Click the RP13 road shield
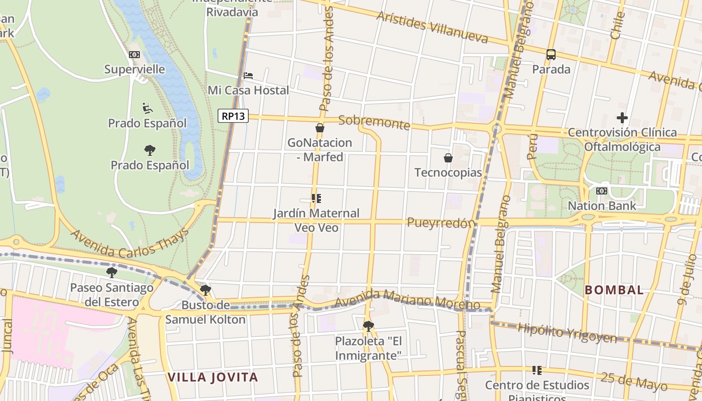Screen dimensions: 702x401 [234, 116]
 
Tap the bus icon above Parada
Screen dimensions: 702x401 [551, 55]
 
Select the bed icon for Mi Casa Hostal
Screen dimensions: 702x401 [248, 76]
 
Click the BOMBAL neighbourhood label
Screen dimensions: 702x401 [614, 290]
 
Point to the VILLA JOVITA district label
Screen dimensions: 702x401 [213, 377]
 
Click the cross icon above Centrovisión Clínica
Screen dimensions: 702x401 [622, 118]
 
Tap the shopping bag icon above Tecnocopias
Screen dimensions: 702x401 [448, 158]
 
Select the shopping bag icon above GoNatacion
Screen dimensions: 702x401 [319, 128]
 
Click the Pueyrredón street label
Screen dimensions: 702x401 [441, 223]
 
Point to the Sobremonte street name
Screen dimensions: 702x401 [374, 122]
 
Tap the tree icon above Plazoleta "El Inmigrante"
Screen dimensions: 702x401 [369, 326]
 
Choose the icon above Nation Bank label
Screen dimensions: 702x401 [601, 191]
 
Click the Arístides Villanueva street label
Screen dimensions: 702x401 [432, 28]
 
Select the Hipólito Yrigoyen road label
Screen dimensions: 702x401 [567, 333]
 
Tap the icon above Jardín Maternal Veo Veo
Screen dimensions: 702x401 [316, 198]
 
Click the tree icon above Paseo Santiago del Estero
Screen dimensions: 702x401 [112, 273]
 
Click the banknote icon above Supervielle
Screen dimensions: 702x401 [134, 55]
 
